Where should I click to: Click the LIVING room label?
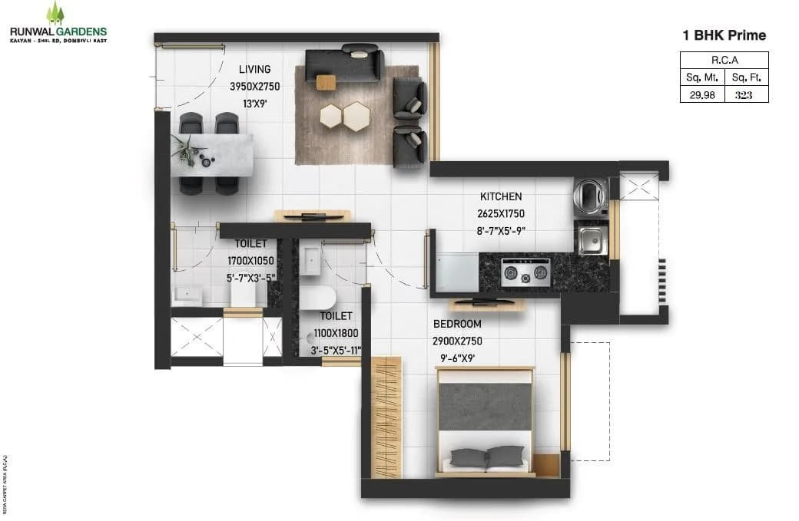[x=254, y=70]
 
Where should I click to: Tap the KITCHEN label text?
[x=501, y=196]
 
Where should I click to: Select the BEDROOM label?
[x=457, y=324]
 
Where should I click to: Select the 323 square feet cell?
[x=743, y=94]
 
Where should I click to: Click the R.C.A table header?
[x=724, y=60]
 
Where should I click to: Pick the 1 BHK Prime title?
[x=724, y=35]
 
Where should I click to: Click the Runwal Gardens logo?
[x=57, y=23]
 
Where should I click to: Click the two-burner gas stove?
[x=526, y=272]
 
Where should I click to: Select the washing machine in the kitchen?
[x=589, y=195]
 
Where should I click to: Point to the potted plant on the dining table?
[x=185, y=149]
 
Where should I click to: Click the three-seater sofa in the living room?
[x=344, y=64]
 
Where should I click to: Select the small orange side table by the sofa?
[x=326, y=81]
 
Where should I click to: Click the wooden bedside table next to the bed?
[x=545, y=464]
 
